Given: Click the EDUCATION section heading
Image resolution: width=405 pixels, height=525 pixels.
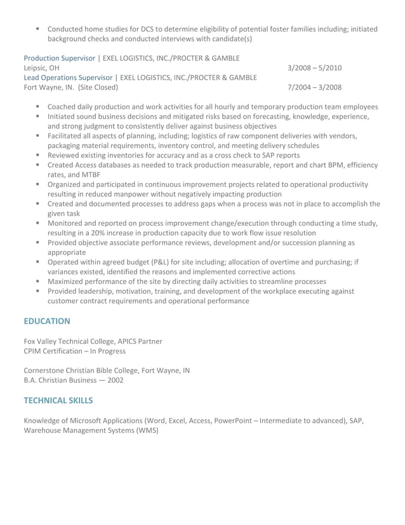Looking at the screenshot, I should pyautogui.click(x=47, y=321).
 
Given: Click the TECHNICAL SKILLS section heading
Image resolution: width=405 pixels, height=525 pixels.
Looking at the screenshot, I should pyautogui.click(x=58, y=400).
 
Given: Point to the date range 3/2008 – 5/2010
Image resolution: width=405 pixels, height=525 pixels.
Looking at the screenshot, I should pyautogui.click(x=314, y=67).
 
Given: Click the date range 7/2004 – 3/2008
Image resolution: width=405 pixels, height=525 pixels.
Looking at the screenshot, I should pyautogui.click(x=314, y=87).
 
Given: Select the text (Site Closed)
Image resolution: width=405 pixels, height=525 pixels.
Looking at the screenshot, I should pyautogui.click(x=98, y=87).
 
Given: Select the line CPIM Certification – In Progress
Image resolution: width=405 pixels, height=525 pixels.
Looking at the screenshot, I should pyautogui.click(x=74, y=351).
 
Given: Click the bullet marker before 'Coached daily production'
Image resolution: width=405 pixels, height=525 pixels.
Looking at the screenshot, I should pyautogui.click(x=39, y=107).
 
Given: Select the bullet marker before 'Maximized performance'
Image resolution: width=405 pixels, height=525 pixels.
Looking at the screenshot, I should pyautogui.click(x=39, y=281).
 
